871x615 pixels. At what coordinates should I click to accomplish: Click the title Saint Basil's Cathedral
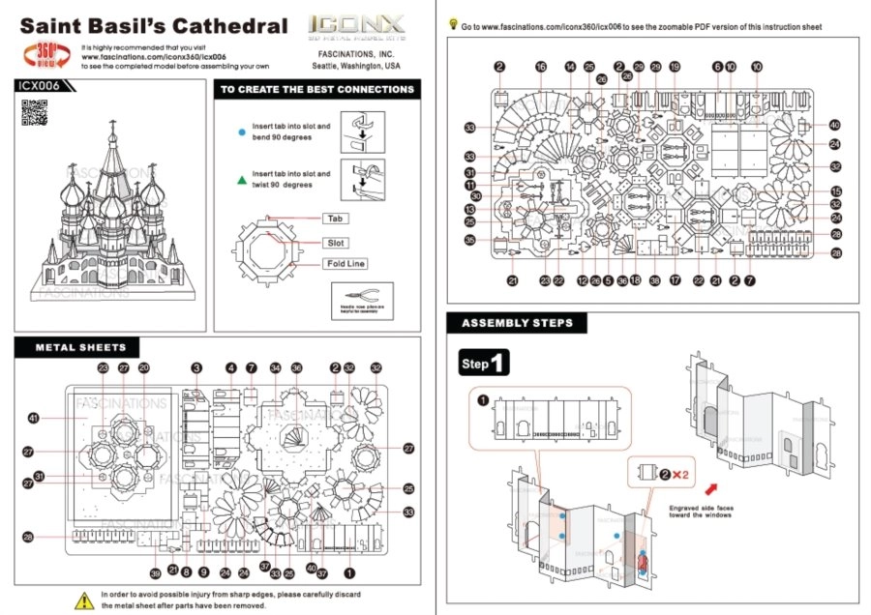154,26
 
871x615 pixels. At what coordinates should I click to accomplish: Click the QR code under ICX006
35,112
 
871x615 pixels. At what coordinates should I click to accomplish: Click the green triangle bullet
242,179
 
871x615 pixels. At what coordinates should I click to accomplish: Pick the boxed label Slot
336,243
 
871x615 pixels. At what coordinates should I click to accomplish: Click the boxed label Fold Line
345,263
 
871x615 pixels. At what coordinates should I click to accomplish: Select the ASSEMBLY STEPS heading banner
516,323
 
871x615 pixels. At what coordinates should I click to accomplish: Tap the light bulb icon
453,25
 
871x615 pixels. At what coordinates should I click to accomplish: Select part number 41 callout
34,418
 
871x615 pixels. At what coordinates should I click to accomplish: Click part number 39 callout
155,573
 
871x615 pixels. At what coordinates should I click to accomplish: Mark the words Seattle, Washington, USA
356,67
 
